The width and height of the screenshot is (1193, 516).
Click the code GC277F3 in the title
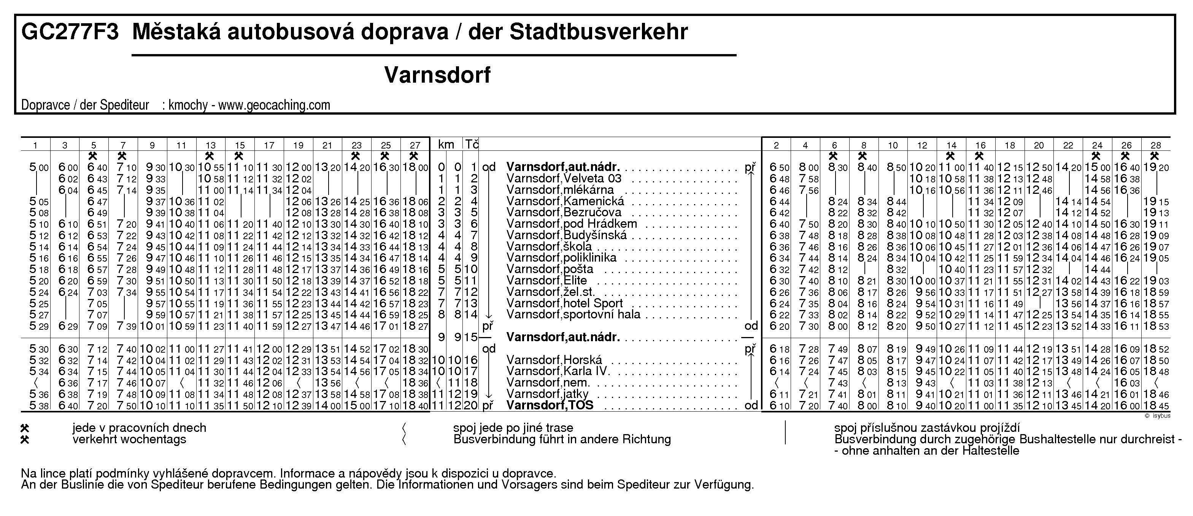point(70,32)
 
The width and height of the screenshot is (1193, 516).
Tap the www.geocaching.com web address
point(274,105)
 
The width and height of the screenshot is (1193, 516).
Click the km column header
point(446,145)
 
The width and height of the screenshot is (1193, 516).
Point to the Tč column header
point(472,145)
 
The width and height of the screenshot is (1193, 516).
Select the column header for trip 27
point(415,145)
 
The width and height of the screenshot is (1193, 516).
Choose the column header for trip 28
point(1156,145)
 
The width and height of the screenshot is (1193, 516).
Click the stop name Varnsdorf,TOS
point(550,406)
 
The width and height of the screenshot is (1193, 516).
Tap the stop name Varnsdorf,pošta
point(550,269)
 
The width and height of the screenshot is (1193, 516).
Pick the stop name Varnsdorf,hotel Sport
point(564,304)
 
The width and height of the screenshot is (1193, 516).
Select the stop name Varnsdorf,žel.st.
point(551,292)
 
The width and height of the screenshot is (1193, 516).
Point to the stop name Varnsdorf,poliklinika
point(561,258)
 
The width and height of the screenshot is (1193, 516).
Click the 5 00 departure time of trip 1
point(39,167)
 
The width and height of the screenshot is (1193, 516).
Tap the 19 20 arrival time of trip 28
point(1156,167)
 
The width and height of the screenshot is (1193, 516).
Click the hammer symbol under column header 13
point(210,156)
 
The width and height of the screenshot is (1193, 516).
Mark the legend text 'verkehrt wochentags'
point(129,439)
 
